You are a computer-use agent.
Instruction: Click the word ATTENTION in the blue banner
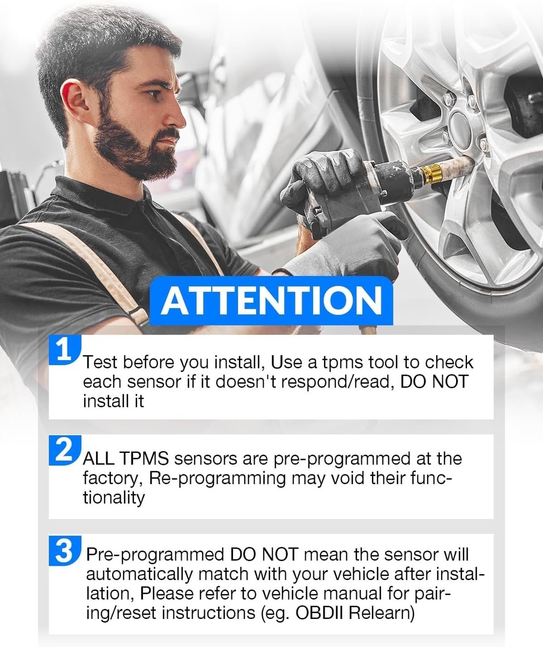click(272, 300)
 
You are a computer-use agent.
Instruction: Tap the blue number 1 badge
click(65, 350)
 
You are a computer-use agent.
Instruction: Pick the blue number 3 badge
click(65, 550)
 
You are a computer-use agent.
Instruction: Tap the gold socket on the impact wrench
click(432, 174)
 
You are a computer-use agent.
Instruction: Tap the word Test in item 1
click(100, 362)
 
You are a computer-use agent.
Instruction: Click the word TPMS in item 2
click(143, 459)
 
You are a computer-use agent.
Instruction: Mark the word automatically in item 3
click(139, 575)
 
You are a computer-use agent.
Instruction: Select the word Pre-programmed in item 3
click(155, 555)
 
